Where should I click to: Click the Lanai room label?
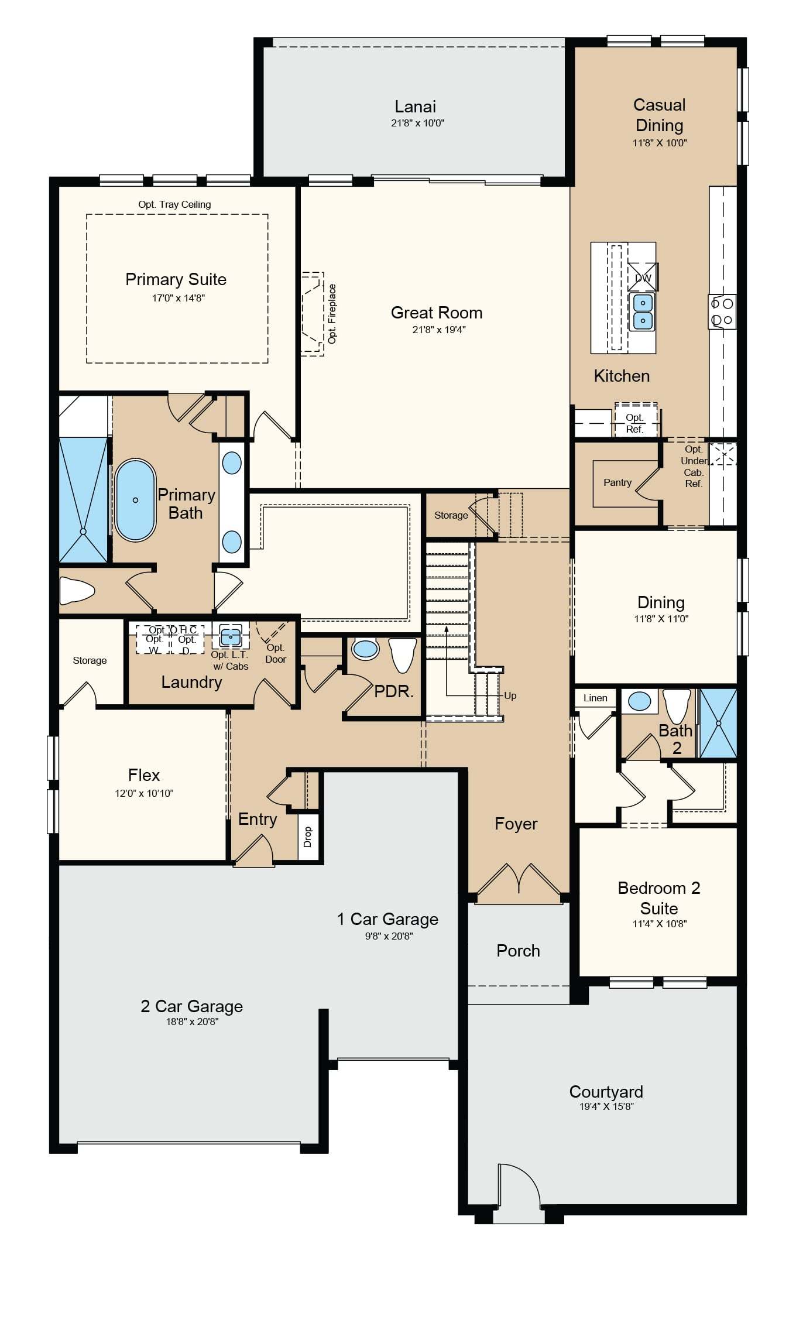(415, 107)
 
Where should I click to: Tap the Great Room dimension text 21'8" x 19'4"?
(439, 330)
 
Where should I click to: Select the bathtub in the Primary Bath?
(135, 499)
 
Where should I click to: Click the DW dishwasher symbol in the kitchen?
(643, 277)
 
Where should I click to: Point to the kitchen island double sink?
(642, 312)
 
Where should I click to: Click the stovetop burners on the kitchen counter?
(722, 312)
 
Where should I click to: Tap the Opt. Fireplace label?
(332, 314)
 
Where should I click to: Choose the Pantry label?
(617, 482)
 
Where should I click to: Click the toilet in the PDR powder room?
(402, 654)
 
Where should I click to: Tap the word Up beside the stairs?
(510, 695)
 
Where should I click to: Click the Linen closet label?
(595, 698)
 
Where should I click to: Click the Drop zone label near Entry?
(308, 837)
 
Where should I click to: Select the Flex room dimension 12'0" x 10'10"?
(144, 793)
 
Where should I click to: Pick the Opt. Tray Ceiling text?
(174, 204)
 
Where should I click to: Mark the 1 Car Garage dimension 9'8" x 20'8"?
(389, 936)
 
